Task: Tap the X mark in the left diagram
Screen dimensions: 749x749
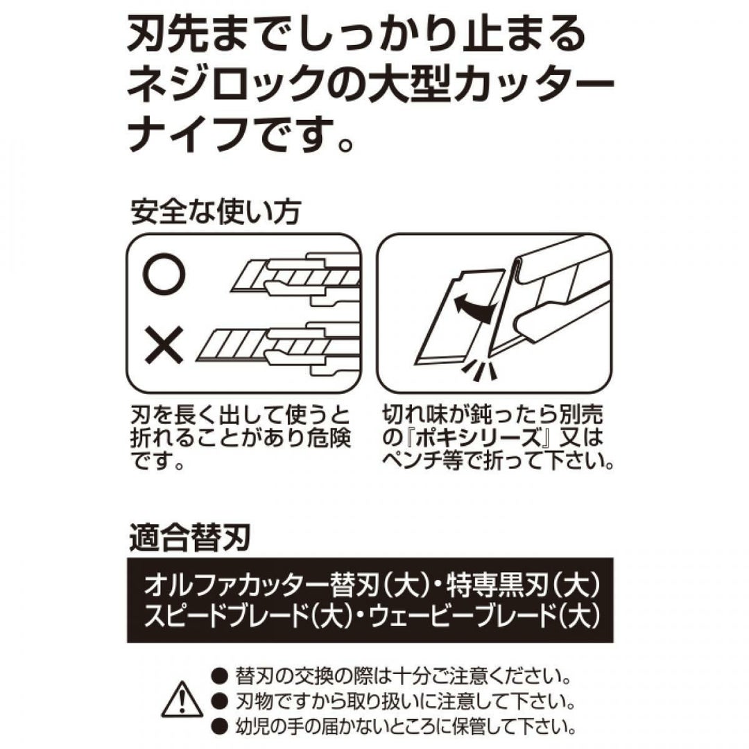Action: [164, 345]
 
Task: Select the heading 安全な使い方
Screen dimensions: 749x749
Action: [216, 212]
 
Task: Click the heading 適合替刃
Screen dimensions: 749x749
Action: [190, 538]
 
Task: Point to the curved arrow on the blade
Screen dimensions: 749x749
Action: [474, 307]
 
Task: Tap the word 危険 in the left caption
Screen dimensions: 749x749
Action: [329, 438]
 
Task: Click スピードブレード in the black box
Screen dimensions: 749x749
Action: [225, 616]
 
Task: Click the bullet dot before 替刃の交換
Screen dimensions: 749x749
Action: [221, 676]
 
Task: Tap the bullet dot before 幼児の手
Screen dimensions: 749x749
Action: [221, 727]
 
